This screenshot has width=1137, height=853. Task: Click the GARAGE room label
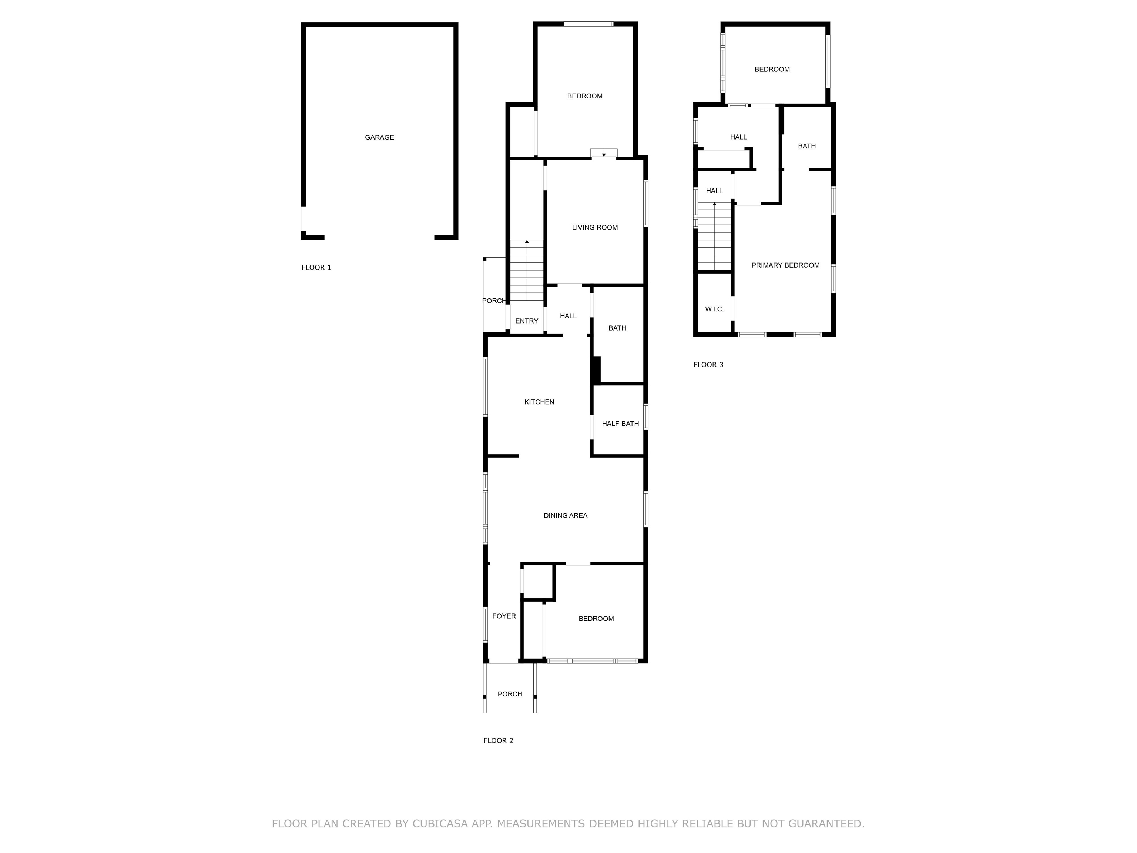tap(379, 137)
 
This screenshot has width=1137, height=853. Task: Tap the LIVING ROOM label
tap(595, 227)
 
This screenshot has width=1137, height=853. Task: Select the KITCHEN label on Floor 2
tap(539, 402)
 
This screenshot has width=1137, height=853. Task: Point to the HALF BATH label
tap(620, 424)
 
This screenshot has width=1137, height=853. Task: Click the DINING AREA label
tap(566, 515)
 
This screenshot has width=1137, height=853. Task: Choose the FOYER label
tap(504, 616)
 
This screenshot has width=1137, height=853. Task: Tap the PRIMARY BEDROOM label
tap(785, 265)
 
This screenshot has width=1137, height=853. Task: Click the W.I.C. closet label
tap(714, 309)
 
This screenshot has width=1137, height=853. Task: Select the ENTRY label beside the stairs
tap(526, 321)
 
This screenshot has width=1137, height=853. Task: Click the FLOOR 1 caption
tap(316, 267)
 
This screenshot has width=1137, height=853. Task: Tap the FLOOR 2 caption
tap(498, 740)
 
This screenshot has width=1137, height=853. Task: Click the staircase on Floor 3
tap(714, 237)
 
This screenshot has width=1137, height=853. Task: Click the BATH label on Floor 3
tap(806, 146)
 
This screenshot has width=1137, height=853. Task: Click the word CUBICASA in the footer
tap(439, 824)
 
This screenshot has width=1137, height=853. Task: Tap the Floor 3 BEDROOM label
tap(772, 69)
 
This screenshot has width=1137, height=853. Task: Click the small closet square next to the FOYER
tap(538, 582)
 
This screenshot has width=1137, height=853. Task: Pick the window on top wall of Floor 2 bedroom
tap(588, 24)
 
